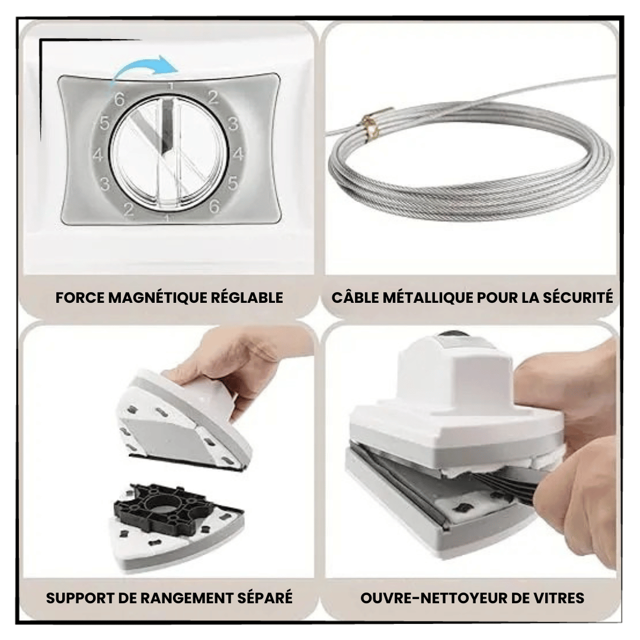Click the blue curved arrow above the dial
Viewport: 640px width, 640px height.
143,65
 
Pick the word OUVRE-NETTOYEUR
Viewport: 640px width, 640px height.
433,598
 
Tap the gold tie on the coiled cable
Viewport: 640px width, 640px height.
371,126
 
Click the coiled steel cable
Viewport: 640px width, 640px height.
469,164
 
